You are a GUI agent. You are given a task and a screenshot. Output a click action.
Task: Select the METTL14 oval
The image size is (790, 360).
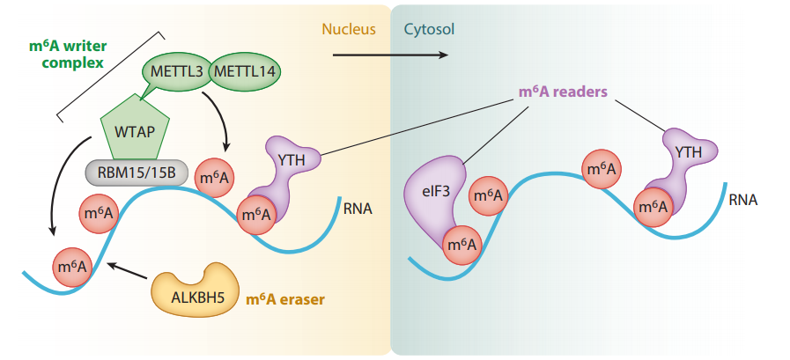pos(244,71)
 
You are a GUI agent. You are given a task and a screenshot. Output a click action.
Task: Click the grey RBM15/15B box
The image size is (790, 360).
pos(135,173)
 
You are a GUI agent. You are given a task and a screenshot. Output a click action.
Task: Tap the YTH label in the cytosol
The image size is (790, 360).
pos(688,151)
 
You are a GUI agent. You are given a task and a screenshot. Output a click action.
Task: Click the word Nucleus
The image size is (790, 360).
pos(349,29)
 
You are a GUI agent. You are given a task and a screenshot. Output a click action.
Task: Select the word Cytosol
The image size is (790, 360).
pos(429,29)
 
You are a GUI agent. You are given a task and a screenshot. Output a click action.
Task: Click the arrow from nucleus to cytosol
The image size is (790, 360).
pos(390,55)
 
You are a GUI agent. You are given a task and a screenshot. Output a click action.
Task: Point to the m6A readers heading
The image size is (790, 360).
pos(563,92)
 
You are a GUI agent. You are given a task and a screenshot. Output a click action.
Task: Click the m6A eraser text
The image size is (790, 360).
pos(285,300)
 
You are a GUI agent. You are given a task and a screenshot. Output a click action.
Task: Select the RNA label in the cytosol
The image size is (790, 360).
pos(743,200)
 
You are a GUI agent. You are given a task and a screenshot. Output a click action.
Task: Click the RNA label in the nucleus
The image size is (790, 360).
pos(358,209)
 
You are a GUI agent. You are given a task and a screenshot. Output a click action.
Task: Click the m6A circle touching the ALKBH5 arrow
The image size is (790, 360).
pos(72,267)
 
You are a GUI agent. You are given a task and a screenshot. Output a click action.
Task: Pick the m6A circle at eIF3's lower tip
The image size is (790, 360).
pos(462,246)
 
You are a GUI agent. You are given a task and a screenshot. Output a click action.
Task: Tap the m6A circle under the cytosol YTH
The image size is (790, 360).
pos(654,207)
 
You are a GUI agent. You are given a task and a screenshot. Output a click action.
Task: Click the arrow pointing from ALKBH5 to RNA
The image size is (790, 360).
pos(128,270)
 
